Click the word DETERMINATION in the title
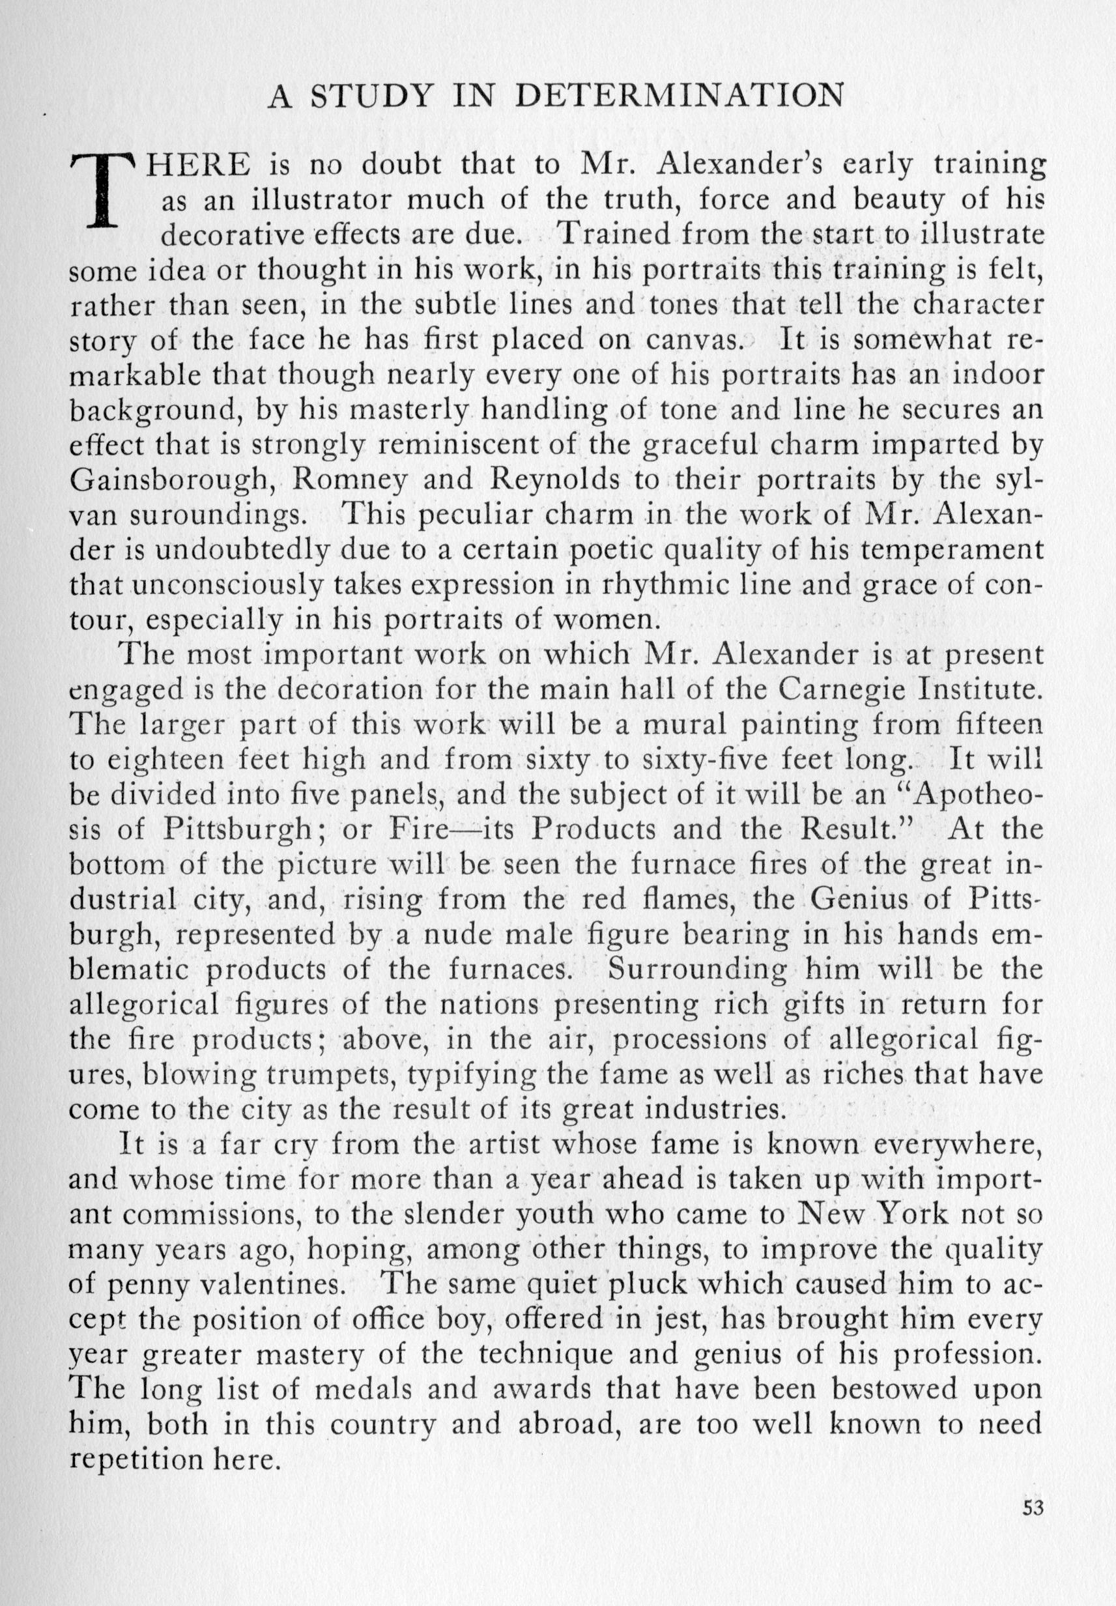click(x=679, y=96)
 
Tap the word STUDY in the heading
click(x=370, y=96)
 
